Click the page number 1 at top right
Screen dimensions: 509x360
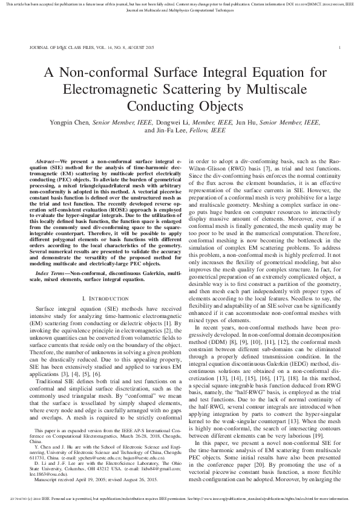(x=340, y=47)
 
